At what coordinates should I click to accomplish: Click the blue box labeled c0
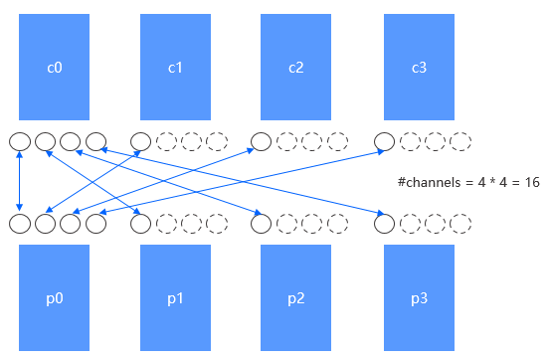pos(54,68)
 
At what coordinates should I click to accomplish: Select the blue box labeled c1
pos(175,68)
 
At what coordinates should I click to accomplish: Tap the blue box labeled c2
pos(295,68)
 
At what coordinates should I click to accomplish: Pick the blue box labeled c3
pos(420,68)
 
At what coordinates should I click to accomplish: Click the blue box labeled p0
pos(54,297)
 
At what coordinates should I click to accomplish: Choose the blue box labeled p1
pos(175,297)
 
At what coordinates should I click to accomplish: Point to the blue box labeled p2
pos(295,297)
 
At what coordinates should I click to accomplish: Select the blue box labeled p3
pos(420,297)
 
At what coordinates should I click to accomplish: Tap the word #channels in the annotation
pos(426,183)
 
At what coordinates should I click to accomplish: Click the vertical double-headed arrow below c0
pos(19,183)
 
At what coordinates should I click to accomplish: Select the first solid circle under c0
pos(19,142)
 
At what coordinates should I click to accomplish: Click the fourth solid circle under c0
pos(95,142)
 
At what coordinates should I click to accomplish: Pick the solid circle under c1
pos(141,142)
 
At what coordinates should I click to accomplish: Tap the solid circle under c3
pos(384,142)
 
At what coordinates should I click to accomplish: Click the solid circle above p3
pos(384,224)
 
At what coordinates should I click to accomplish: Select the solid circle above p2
pos(261,224)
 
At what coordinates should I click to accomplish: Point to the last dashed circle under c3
pos(460,142)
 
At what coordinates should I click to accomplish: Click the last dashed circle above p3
pos(460,224)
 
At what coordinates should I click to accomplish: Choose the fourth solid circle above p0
pos(95,224)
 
